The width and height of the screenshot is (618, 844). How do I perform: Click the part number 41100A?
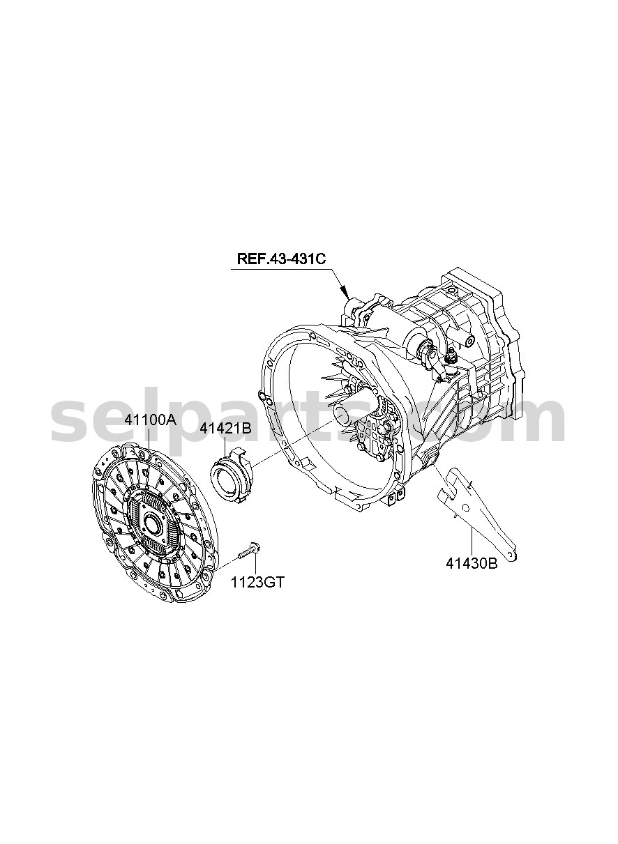[151, 420]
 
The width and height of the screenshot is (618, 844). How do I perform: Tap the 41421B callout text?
[225, 429]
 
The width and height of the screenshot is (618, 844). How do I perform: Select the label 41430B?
[472, 574]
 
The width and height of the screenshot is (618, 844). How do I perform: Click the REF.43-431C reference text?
[281, 259]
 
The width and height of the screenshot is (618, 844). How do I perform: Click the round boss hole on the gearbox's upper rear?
[469, 342]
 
